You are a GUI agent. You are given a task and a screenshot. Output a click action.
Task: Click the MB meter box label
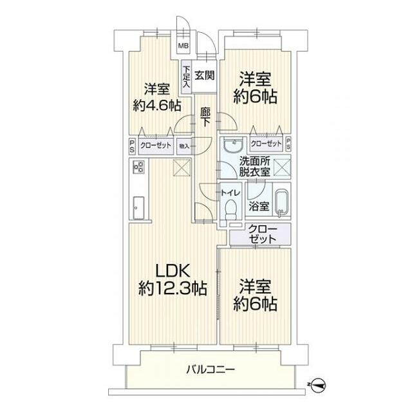click(183, 46)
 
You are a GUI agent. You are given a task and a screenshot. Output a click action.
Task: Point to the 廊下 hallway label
click(205, 117)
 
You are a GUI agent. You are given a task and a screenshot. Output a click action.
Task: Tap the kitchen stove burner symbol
click(138, 168)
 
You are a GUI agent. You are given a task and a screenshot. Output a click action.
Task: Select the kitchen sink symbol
click(137, 207)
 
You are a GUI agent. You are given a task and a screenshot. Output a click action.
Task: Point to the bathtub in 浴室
click(281, 203)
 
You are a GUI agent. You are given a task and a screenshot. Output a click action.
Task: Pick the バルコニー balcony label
click(211, 370)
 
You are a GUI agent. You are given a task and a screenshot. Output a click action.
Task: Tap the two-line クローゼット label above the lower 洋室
click(261, 234)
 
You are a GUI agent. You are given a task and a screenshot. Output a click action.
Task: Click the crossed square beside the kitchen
click(182, 169)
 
